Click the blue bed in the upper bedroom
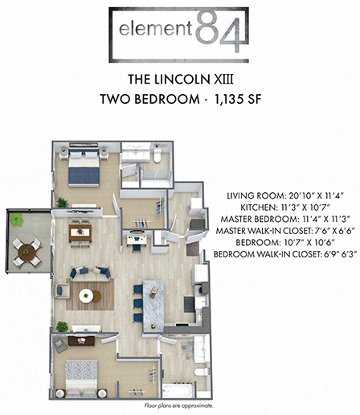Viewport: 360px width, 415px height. (83, 171)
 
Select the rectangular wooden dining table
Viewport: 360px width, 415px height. (80, 233)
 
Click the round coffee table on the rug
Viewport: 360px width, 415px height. (87, 295)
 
